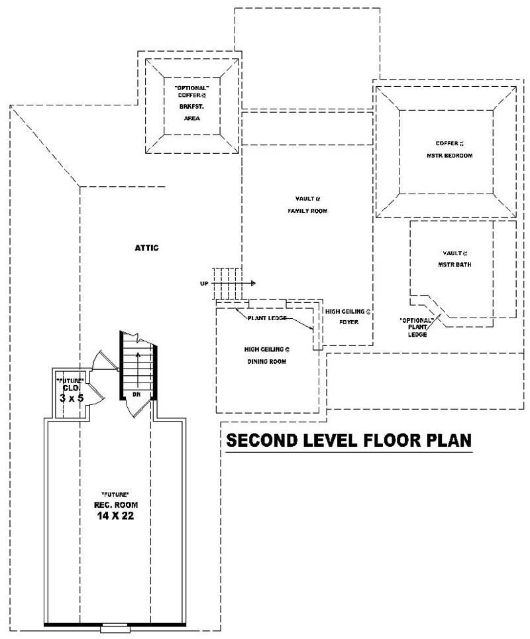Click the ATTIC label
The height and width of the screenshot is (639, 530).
146,248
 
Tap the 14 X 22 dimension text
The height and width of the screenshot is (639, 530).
115,516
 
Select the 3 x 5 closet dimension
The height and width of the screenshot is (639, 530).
70,398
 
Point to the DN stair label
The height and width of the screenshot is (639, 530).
136,394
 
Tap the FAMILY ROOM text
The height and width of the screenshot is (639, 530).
307,211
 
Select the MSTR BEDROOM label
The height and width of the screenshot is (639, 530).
445,156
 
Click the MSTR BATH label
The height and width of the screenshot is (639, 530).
454,264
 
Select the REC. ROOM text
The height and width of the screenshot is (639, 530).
115,505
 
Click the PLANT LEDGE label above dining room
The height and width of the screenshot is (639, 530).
267,318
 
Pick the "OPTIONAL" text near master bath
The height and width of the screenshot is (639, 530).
416,320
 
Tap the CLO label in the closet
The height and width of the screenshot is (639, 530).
71,388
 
